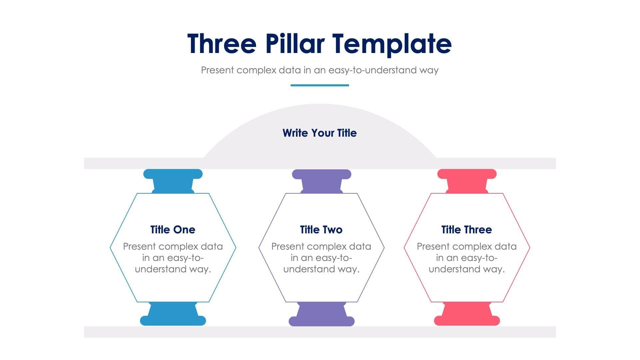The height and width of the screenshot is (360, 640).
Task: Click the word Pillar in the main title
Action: tap(295, 44)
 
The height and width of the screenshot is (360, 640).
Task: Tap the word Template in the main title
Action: tap(392, 44)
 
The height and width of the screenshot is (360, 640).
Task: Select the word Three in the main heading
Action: tap(222, 44)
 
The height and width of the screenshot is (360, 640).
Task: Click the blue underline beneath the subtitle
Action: tap(320, 85)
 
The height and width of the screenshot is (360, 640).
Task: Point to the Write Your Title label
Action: tap(320, 133)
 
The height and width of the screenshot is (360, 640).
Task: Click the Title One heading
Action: tap(173, 230)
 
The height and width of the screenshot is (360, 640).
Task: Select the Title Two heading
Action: tap(321, 230)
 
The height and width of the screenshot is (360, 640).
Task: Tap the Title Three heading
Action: tap(466, 230)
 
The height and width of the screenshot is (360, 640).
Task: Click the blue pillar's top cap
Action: tap(173, 174)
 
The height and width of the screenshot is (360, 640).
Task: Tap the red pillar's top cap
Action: tap(467, 174)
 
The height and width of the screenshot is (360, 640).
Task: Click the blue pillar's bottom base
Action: tap(173, 320)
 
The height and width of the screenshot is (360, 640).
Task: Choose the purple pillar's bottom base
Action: tap(321, 321)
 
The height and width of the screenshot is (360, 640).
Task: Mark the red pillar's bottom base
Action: tap(467, 320)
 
